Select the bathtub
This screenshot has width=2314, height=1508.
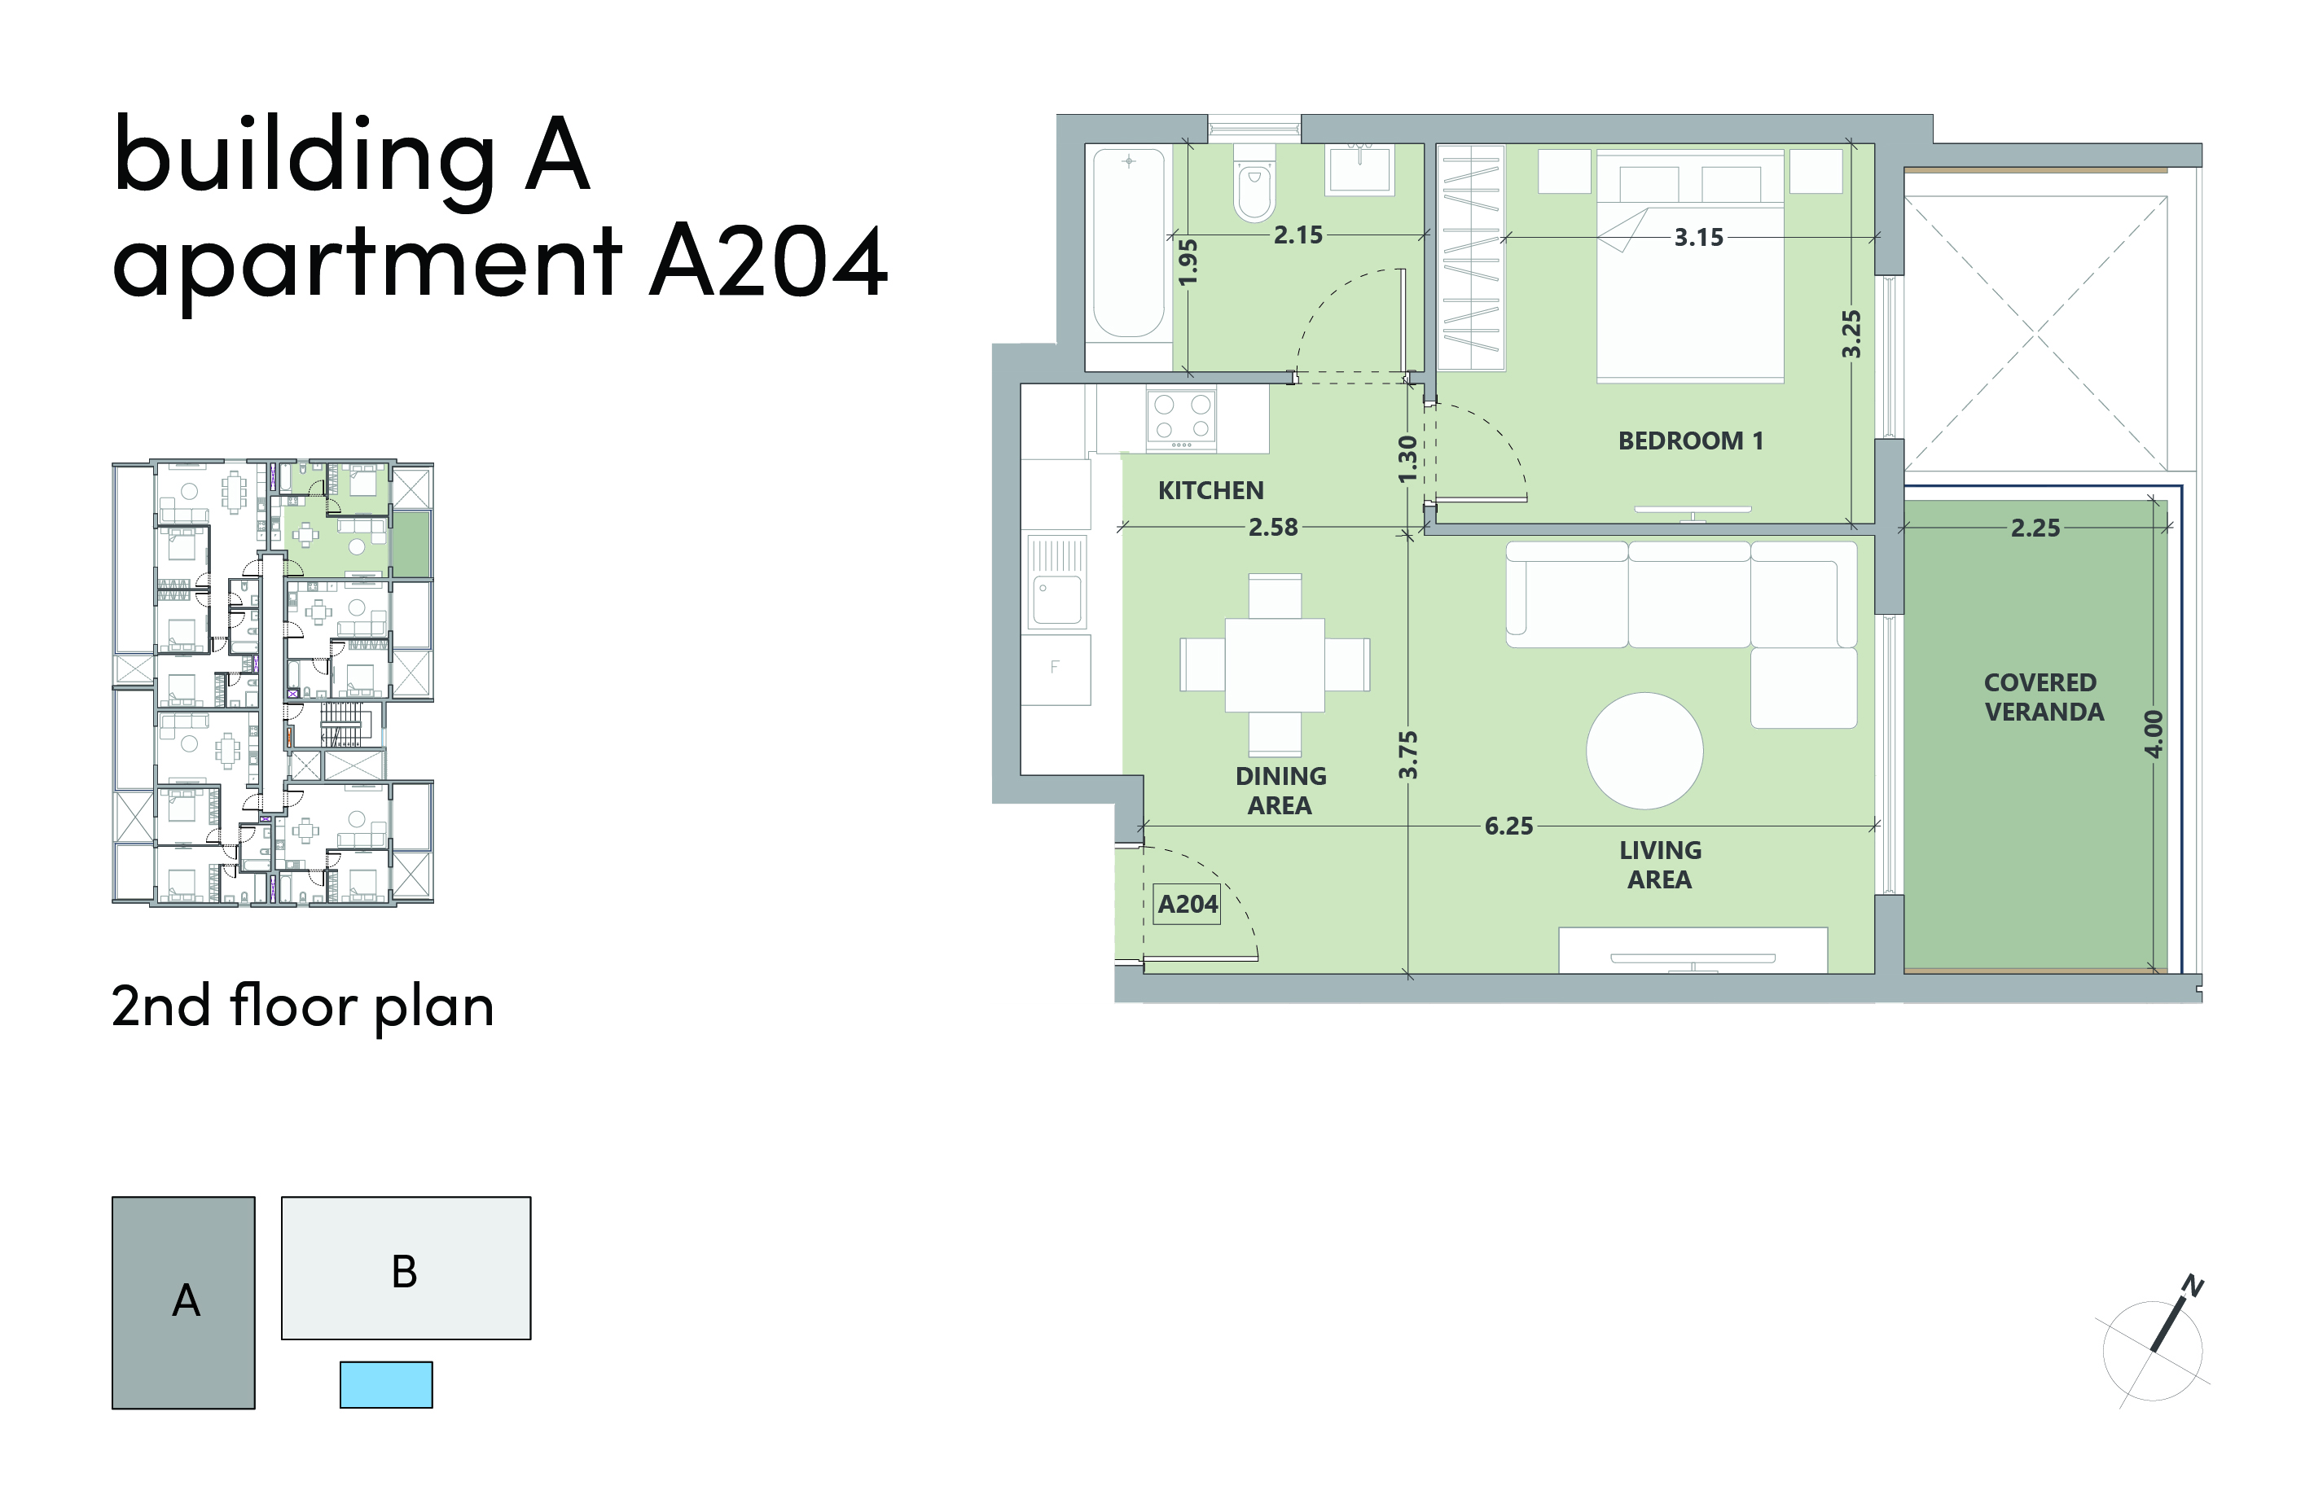point(1128,243)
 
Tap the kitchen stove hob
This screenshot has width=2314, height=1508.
point(1181,418)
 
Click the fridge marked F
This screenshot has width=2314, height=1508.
point(1056,669)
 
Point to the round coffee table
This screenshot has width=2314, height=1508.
point(1644,751)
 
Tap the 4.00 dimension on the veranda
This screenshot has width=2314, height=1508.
point(2154,734)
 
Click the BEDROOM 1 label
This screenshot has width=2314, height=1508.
point(1690,441)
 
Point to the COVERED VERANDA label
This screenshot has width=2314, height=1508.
point(2043,697)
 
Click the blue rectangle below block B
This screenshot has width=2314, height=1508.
point(386,1384)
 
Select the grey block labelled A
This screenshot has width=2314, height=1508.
point(184,1303)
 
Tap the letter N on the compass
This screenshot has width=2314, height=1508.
point(2193,1286)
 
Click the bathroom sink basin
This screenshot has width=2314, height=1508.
point(1360,169)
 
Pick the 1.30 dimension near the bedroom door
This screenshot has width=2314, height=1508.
point(1407,459)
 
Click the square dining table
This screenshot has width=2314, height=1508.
point(1275,665)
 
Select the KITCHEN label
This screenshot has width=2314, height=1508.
point(1210,491)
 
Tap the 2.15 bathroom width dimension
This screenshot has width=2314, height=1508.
point(1298,235)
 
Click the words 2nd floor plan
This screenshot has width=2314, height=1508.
point(302,1007)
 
